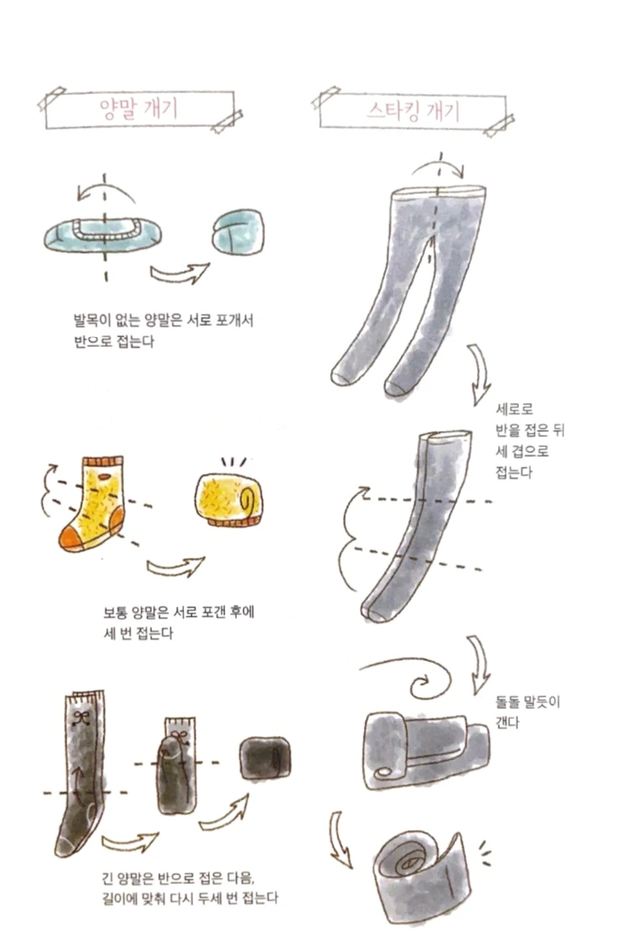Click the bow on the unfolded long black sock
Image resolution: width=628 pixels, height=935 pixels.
[82, 718]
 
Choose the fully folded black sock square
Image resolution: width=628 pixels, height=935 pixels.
[265, 759]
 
